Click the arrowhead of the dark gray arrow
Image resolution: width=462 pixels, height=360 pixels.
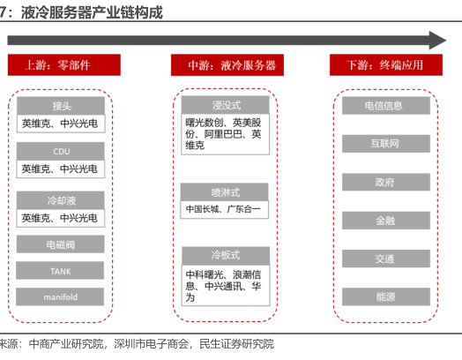[x=438, y=41]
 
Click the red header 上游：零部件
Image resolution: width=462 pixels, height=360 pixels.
[x=64, y=65]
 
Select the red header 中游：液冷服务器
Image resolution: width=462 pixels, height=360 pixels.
[x=227, y=65]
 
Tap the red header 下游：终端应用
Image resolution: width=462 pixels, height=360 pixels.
[x=386, y=65]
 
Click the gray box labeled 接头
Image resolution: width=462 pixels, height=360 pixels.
[x=61, y=106]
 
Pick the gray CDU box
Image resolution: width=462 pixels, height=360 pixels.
[x=61, y=151]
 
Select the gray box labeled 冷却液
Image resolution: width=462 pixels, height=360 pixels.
[x=61, y=200]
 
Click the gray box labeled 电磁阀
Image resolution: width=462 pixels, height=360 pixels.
[x=61, y=244]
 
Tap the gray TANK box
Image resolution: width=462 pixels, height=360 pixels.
[x=60, y=270]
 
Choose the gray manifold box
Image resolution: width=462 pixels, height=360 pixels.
[x=60, y=296]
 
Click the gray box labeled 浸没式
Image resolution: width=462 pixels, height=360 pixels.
[x=226, y=105]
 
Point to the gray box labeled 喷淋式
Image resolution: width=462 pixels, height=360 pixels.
[x=225, y=192]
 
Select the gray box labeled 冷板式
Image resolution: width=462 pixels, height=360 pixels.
[x=226, y=256]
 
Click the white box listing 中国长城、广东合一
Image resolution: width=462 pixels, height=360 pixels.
[x=225, y=210]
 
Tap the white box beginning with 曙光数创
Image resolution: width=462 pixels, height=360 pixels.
[x=226, y=134]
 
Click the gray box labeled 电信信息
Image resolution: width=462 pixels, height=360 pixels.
[x=386, y=106]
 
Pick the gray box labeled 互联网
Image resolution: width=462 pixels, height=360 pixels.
[x=386, y=144]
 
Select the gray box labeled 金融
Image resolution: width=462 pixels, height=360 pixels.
[x=386, y=221]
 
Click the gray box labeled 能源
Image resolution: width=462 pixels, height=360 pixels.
[x=386, y=296]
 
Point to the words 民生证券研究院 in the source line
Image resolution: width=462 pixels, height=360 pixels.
[x=236, y=344]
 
